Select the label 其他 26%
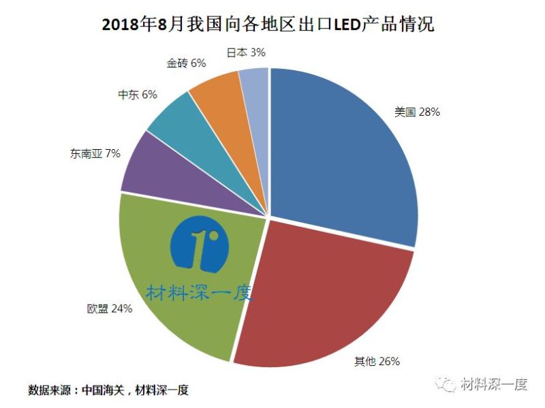coord(377,361)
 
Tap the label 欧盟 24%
coord(110,309)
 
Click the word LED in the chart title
coord(349,25)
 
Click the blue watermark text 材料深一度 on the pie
coord(199,293)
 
